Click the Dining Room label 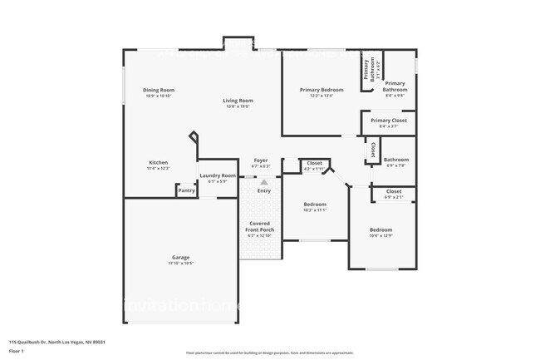click(x=158, y=90)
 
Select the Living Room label click(x=237, y=101)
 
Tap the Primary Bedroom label click(x=322, y=89)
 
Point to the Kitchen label click(x=159, y=162)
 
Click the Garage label click(x=181, y=258)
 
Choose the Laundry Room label click(x=218, y=175)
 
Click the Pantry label click(x=187, y=190)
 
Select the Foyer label click(x=261, y=160)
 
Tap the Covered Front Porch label click(x=261, y=226)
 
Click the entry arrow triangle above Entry click(x=264, y=180)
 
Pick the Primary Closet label click(x=389, y=121)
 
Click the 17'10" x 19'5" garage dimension click(x=181, y=264)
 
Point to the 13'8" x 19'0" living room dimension click(x=237, y=106)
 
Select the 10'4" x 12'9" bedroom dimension click(x=380, y=236)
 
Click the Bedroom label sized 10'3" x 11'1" click(x=315, y=204)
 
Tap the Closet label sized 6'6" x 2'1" click(x=394, y=191)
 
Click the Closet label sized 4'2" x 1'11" click(x=314, y=163)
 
